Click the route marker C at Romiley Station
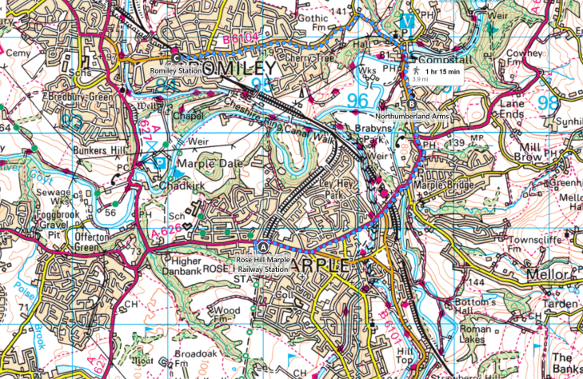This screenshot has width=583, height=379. (177, 57)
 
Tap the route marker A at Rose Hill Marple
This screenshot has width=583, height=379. (265, 245)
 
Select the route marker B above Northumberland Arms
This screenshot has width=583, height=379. (412, 104)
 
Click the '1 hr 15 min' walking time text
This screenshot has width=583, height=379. (442, 72)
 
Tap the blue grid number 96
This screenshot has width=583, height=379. (358, 101)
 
